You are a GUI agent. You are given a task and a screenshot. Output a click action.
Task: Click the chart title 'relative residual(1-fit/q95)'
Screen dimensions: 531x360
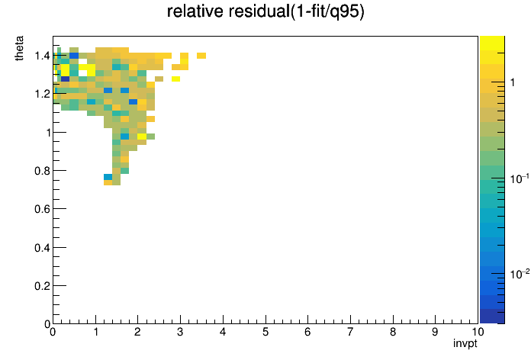click(265, 12)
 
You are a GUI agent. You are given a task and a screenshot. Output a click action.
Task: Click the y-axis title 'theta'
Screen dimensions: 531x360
click(19, 48)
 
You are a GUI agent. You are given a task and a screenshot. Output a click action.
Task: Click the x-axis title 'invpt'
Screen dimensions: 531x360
click(465, 344)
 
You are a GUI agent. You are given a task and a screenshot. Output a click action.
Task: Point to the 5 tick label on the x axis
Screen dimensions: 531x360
click(265, 332)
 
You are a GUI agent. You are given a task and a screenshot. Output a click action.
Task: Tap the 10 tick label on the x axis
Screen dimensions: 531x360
click(478, 332)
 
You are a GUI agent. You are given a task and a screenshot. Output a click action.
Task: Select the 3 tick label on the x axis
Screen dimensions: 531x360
click(180, 332)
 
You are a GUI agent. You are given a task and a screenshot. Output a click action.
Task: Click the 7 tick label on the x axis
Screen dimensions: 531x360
click(350, 332)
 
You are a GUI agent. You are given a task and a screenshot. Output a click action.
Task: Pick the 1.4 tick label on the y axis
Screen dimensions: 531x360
click(42, 56)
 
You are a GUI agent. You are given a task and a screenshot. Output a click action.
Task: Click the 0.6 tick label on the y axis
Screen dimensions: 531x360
click(42, 209)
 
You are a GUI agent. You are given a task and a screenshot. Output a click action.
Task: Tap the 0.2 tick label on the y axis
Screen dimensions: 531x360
click(42, 286)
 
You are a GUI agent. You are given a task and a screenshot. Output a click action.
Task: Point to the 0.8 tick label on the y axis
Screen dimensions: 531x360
click(42, 171)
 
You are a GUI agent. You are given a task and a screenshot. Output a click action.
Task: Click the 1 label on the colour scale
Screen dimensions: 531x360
click(513, 82)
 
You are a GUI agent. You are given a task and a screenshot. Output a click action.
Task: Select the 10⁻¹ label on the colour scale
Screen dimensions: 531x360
click(520, 178)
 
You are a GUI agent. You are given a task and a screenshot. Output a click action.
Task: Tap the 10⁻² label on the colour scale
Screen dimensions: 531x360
click(520, 274)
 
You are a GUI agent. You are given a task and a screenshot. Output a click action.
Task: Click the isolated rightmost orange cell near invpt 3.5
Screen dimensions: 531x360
click(201, 56)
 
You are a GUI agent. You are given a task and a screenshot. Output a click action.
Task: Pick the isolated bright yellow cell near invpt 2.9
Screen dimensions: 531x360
click(175, 79)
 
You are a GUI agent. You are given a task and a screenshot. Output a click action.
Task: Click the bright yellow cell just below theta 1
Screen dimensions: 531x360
click(142, 136)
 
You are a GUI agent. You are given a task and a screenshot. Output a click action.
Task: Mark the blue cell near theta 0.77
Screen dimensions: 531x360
click(108, 177)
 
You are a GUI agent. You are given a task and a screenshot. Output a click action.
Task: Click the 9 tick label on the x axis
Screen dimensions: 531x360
click(435, 332)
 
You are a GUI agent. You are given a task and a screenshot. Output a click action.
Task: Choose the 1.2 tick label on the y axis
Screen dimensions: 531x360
click(42, 94)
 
